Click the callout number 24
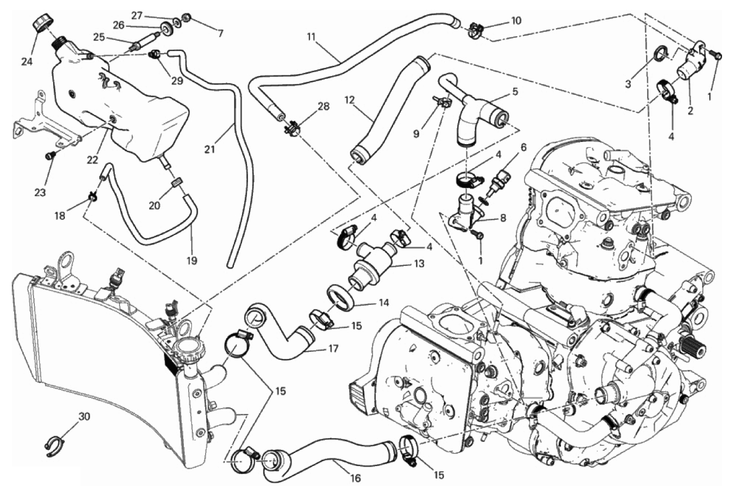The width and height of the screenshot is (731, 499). tap(26, 62)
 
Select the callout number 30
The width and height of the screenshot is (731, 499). tap(84, 417)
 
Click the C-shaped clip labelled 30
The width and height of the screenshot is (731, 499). tap(54, 447)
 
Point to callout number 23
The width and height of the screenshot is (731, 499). tap(40, 193)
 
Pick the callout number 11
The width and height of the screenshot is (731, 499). tap(311, 36)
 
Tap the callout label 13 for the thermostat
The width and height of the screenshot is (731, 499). tap(419, 263)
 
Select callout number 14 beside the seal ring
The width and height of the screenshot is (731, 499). tap(384, 302)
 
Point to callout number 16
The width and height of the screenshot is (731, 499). tap(355, 478)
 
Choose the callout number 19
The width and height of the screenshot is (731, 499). tap(191, 261)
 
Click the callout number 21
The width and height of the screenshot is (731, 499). tap(210, 149)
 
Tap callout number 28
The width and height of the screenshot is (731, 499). tap(323, 106)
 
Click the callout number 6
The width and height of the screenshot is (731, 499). tap(523, 148)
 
